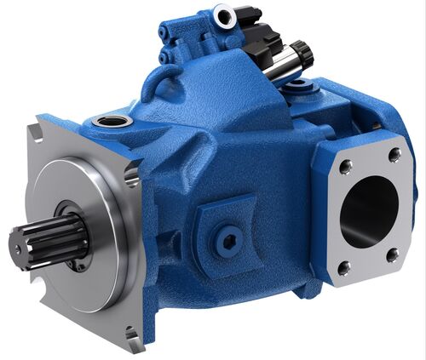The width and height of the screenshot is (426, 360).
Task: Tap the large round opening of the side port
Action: tap(368, 211)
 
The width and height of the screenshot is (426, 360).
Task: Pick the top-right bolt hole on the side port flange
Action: tap(394, 155)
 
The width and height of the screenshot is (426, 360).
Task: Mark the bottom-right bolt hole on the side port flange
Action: tap(392, 253)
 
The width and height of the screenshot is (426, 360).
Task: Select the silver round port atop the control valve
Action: tap(225, 14)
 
